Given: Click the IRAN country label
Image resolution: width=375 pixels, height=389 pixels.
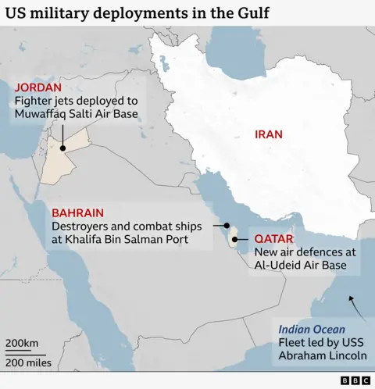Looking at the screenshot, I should click(x=268, y=134).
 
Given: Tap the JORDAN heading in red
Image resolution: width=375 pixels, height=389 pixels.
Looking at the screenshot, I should click(x=37, y=87).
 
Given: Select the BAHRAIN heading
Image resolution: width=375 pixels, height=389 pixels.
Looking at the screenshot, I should click(x=77, y=212).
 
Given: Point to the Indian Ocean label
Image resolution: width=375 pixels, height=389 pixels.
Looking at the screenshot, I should click(x=312, y=328).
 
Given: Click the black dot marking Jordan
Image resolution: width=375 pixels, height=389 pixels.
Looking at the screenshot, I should click(x=61, y=148).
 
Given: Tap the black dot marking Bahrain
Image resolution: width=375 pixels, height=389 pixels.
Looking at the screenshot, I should click(x=227, y=224).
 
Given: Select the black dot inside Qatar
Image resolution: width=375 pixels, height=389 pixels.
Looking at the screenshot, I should click(x=234, y=239).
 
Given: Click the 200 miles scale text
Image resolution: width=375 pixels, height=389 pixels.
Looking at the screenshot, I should click(x=29, y=362).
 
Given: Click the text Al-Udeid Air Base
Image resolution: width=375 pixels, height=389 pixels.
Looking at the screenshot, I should click(x=304, y=266).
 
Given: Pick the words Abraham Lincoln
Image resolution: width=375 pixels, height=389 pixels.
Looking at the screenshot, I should click(x=323, y=356).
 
